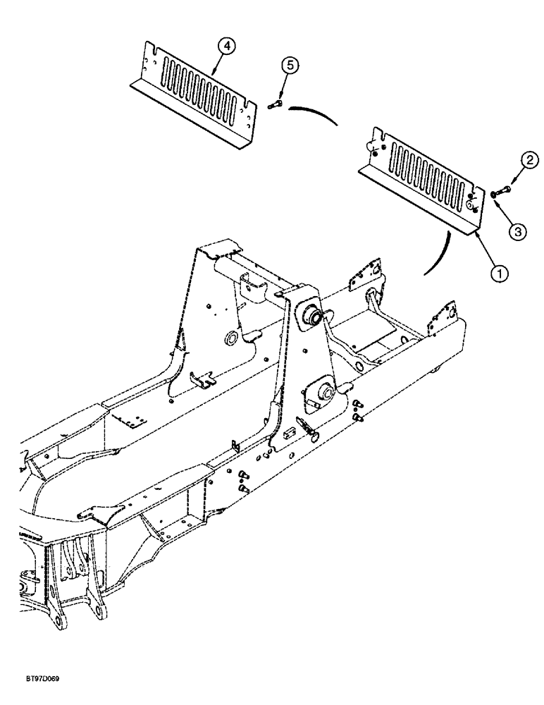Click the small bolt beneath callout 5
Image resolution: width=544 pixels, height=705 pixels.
[275, 105]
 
